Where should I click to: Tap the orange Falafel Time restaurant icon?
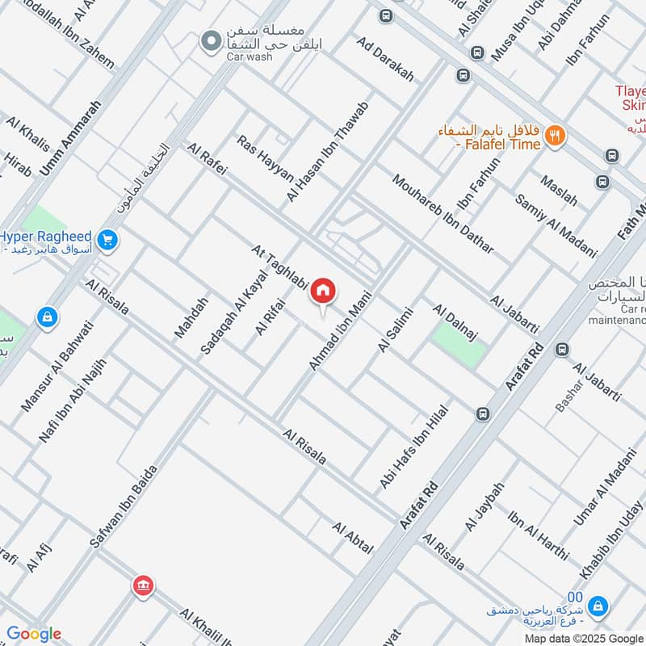coord(554,136)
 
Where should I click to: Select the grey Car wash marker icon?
coord(211,40)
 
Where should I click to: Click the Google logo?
coord(33,634)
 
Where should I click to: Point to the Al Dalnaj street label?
coord(456,320)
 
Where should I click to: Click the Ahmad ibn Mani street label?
coord(338,330)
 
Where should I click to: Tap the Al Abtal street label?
coord(353,537)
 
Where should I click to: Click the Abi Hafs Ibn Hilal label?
coord(413,446)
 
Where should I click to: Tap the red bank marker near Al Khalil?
coord(143,585)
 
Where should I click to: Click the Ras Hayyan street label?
coord(265,162)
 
